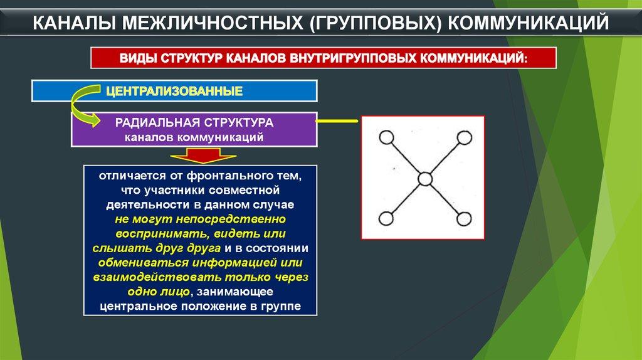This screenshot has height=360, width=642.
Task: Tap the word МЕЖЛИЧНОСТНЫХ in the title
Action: [213, 23]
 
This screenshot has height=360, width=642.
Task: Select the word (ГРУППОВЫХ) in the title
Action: [376, 23]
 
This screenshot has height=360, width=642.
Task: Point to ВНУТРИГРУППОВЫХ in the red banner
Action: [353, 58]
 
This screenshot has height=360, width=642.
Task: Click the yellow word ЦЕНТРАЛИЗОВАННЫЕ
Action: [174, 91]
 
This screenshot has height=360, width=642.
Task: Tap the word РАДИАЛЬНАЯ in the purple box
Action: [157, 122]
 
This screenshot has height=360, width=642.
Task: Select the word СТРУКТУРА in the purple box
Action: [239, 122]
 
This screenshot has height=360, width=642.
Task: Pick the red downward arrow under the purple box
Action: [203, 156]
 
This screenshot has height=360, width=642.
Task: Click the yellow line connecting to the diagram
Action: [337, 121]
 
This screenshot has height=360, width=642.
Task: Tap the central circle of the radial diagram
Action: [425, 179]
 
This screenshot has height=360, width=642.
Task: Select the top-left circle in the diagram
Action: [386, 137]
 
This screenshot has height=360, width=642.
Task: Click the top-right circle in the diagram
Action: [464, 137]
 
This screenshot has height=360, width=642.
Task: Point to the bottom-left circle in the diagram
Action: [386, 219]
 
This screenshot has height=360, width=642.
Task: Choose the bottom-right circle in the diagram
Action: [464, 219]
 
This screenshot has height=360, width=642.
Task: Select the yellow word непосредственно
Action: [231, 219]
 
